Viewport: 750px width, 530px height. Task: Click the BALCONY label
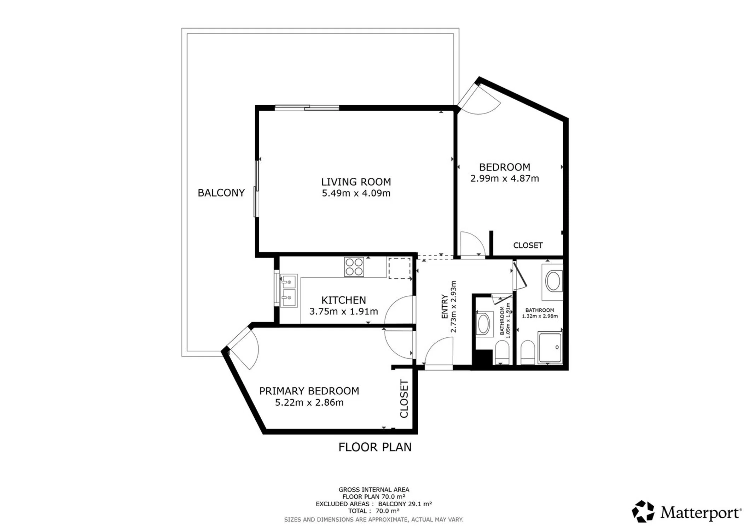(221, 193)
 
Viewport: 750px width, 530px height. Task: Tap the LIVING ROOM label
(356, 182)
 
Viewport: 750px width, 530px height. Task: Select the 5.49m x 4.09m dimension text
(356, 193)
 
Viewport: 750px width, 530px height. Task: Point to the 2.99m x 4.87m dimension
(505, 178)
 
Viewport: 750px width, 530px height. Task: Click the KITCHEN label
(343, 300)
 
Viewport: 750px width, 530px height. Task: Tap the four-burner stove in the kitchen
(354, 267)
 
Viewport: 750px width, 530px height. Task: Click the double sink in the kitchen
(289, 291)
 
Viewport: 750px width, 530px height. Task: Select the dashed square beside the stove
(400, 268)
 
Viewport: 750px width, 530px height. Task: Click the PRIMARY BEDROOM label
(309, 391)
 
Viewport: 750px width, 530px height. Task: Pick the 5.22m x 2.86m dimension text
(309, 402)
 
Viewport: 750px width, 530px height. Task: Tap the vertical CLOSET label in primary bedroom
(404, 399)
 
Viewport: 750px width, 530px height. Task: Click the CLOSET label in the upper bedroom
(528, 245)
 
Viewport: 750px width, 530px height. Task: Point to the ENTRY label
(444, 307)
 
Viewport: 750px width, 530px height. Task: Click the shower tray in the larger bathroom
(550, 348)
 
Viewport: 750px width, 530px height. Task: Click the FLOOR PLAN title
(375, 447)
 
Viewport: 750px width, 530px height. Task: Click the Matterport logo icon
(643, 511)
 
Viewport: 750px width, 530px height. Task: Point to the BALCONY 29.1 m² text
(405, 504)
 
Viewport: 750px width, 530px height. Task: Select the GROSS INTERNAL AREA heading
(374, 490)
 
